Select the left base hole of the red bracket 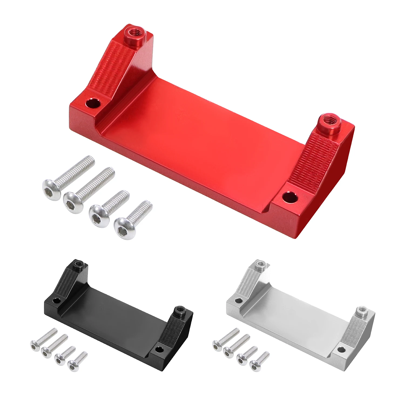[x=93, y=103]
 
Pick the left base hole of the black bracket [x=56, y=300]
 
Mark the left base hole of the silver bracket [x=238, y=300]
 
